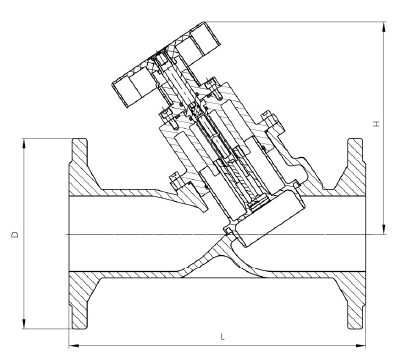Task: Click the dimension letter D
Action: coord(13,236)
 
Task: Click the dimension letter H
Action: coord(375,124)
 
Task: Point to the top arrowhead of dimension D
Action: coord(21,141)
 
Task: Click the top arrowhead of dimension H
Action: coord(383,19)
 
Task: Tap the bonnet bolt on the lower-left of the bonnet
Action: coord(176,183)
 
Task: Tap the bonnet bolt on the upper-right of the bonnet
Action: coord(267,123)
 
